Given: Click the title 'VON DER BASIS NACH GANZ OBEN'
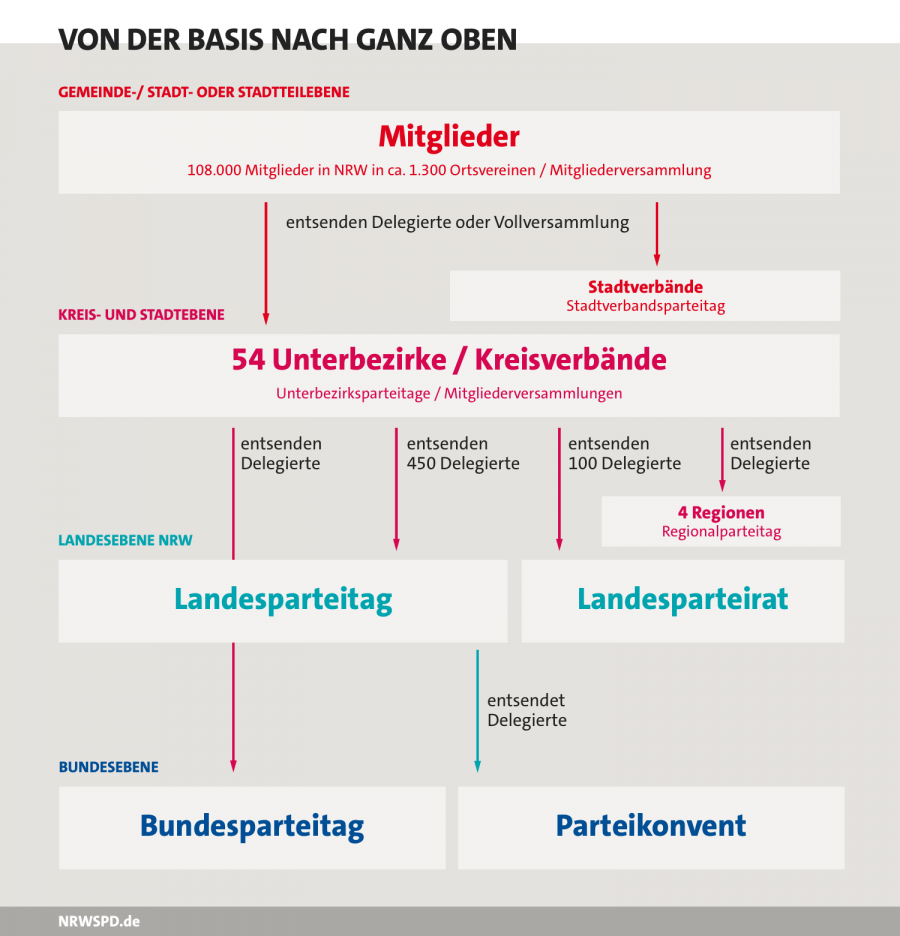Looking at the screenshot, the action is point(288,40).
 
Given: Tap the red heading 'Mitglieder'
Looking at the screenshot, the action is point(449,136).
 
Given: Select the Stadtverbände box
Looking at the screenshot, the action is point(645,295).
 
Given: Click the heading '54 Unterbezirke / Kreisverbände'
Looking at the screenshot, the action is point(449,359).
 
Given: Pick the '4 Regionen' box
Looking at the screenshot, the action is point(721,521).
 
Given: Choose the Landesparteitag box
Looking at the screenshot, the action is point(283,601).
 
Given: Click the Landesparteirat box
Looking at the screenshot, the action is point(683,601).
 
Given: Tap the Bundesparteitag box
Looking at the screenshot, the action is point(252,828).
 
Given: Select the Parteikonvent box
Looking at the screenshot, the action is point(651,828).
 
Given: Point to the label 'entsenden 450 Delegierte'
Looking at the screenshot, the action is point(463,454).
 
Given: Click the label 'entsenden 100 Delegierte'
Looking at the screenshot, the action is point(624,454).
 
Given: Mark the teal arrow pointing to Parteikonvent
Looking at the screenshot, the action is point(477,711).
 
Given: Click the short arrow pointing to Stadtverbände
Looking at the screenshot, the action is point(657,233).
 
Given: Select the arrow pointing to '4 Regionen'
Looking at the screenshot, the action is point(722,459).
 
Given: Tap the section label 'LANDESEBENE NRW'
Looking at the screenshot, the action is point(125,540).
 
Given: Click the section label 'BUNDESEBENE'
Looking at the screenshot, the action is point(109,767).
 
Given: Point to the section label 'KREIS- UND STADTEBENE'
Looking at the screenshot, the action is point(141,315).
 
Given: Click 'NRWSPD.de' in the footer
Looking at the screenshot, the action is point(99,922).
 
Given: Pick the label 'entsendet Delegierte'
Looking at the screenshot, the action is point(527,710).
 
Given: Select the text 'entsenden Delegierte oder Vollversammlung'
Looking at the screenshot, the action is point(457,223).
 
